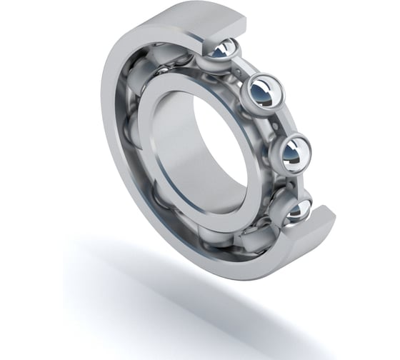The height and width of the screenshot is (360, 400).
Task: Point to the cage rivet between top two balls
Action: (x=247, y=71)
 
